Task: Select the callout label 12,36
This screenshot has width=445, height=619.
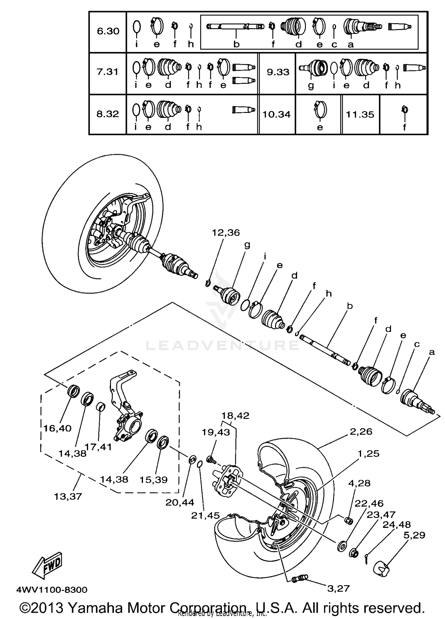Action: (225, 233)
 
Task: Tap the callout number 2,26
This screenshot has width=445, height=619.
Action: (361, 431)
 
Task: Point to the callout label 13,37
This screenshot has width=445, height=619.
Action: (68, 496)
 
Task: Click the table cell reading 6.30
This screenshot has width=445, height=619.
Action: (108, 31)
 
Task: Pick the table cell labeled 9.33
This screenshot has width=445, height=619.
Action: (278, 72)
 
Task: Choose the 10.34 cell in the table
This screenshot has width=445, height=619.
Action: (276, 114)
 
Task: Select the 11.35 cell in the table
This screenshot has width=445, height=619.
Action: (360, 114)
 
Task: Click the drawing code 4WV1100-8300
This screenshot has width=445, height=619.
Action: (52, 590)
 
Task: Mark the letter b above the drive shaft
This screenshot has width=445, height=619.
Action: (349, 306)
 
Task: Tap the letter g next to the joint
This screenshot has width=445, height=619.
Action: (247, 245)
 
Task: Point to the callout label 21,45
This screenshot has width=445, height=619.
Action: (205, 515)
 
